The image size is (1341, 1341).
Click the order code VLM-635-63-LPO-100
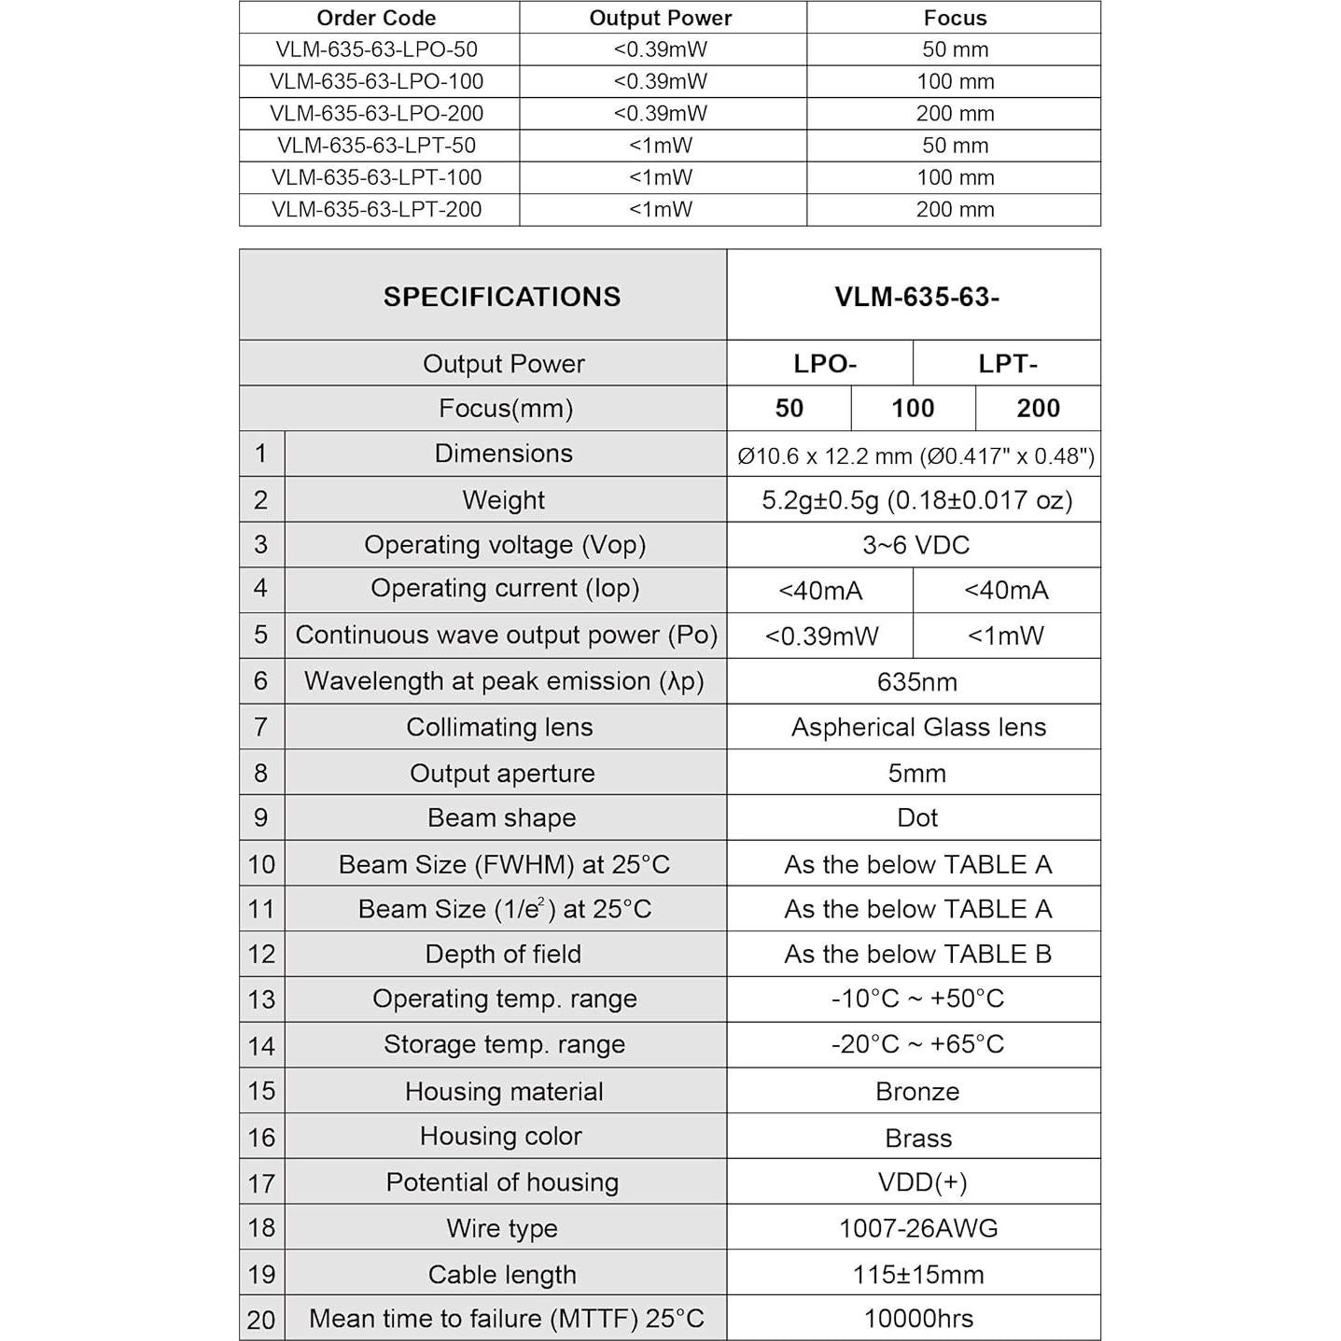[376, 82]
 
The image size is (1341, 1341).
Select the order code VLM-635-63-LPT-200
[376, 210]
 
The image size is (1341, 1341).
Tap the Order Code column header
[376, 18]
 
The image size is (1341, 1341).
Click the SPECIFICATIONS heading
[501, 297]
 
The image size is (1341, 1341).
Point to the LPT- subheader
[1007, 364]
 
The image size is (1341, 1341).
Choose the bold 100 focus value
[913, 409]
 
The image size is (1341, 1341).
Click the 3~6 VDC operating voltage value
[915, 545]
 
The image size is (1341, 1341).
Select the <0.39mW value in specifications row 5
[821, 636]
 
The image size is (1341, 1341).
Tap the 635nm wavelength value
[916, 682]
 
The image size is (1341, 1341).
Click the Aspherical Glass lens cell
[918, 728]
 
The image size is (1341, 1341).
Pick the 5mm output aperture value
[916, 774]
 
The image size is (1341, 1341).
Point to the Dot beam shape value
[916, 818]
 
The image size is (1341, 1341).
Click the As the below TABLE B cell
[917, 955]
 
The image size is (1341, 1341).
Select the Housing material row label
[504, 1092]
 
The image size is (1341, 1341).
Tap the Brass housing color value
[918, 1138]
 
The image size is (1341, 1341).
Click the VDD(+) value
[922, 1183]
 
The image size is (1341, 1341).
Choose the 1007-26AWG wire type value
[918, 1229]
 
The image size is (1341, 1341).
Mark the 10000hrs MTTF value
[918, 1319]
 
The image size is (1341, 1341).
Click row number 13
[261, 999]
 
